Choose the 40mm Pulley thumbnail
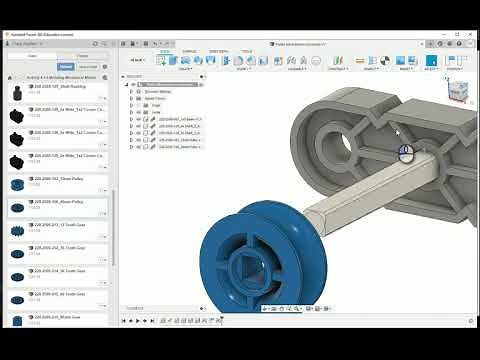15,206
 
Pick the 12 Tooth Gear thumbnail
15,229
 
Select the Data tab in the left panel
32,56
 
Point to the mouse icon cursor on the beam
405,153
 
